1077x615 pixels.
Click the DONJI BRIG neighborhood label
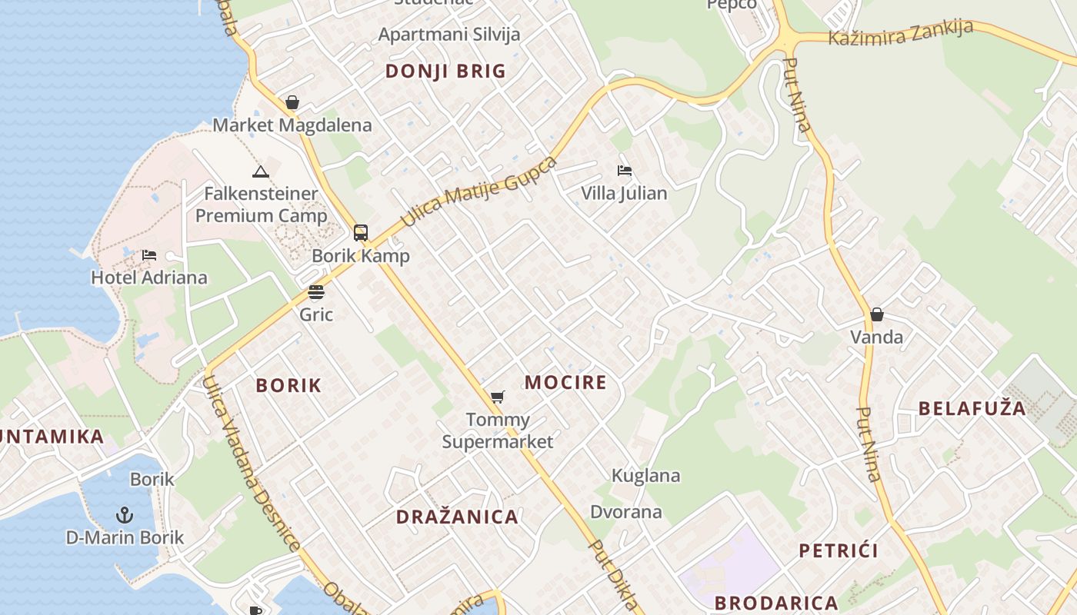tap(445, 71)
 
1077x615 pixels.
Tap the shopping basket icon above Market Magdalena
tap(292, 102)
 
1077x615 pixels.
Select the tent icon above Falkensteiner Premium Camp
tap(261, 171)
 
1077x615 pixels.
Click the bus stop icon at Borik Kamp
tap(360, 232)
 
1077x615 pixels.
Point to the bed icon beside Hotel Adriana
tap(149, 254)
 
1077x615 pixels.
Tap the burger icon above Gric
tap(316, 291)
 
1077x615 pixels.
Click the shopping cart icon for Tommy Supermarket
tap(498, 397)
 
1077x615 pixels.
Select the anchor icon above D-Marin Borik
tap(125, 514)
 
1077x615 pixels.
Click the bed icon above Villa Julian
tap(624, 170)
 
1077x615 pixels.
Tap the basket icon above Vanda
tap(876, 314)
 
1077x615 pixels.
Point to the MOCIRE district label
tap(565, 382)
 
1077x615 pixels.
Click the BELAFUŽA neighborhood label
tap(972, 408)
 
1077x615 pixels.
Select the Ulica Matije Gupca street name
tap(478, 191)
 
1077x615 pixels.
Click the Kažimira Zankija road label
tap(900, 33)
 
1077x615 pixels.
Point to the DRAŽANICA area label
tap(457, 517)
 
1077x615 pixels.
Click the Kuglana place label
tap(645, 475)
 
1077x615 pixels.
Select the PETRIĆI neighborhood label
tap(838, 550)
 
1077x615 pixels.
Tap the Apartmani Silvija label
tap(449, 35)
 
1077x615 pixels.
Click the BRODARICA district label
tap(775, 603)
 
